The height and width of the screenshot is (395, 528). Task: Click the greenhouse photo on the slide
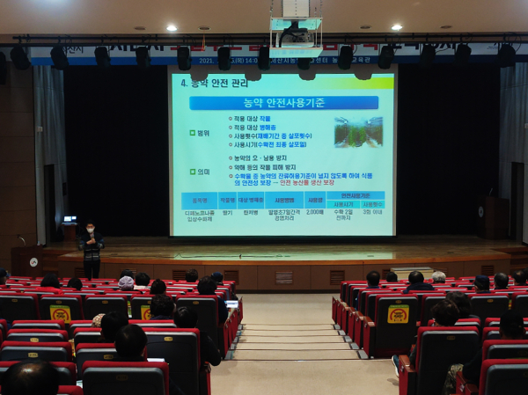[358, 131]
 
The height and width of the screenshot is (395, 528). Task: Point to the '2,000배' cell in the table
[314, 212]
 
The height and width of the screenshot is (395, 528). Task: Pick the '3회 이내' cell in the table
[372, 212]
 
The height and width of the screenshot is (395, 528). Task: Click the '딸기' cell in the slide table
[228, 212]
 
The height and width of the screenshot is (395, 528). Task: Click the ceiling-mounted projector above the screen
[296, 35]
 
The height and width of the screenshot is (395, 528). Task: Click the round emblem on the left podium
[33, 261]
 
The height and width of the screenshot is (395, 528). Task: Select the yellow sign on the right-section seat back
[398, 314]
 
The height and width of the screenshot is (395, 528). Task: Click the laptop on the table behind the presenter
[70, 219]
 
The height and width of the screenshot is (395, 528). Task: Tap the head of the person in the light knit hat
[127, 282]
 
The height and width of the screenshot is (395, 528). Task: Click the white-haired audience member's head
[438, 277]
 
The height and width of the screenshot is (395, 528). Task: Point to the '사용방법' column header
[283, 200]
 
